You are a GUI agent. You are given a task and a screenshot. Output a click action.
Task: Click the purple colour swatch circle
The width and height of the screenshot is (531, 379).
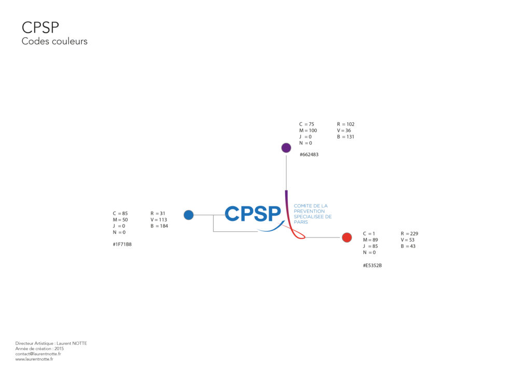click(x=286, y=148)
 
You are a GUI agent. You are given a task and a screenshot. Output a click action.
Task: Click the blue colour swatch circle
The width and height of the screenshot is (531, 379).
click(x=189, y=215)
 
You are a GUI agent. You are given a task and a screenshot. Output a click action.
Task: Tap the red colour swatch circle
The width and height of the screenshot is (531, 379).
click(x=347, y=237)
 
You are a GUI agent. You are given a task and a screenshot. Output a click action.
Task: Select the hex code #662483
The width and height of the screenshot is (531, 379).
click(x=309, y=155)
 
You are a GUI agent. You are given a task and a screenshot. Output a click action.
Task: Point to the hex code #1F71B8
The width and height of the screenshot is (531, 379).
click(x=122, y=244)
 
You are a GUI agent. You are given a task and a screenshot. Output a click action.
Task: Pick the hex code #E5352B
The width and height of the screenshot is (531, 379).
click(x=373, y=265)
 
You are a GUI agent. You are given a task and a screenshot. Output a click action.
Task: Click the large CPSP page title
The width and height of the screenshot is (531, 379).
click(x=40, y=27)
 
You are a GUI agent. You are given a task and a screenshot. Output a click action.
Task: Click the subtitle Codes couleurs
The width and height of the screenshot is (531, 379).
click(x=54, y=41)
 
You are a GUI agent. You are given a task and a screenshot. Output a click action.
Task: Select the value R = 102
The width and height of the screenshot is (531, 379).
click(x=346, y=124)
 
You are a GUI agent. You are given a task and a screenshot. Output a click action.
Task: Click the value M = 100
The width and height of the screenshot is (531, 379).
click(x=308, y=131)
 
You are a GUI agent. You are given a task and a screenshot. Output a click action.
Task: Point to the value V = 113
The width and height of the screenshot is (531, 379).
click(x=159, y=219)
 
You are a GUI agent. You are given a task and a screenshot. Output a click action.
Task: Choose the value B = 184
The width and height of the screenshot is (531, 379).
click(x=159, y=226)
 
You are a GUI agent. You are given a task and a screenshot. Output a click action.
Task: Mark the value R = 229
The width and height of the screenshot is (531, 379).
click(x=410, y=234)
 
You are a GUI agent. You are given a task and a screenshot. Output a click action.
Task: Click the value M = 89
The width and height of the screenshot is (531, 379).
click(x=371, y=240)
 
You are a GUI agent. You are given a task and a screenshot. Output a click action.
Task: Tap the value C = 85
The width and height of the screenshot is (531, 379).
click(x=120, y=213)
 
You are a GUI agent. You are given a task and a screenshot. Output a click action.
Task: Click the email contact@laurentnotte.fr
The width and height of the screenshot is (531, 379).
click(x=38, y=354)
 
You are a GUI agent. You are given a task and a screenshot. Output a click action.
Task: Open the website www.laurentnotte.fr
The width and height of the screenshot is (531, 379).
click(x=34, y=359)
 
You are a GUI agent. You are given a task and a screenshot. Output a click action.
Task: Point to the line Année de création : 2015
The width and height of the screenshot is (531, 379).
click(x=40, y=348)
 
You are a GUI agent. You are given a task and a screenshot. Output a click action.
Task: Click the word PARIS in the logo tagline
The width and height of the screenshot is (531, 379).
click(x=301, y=222)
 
